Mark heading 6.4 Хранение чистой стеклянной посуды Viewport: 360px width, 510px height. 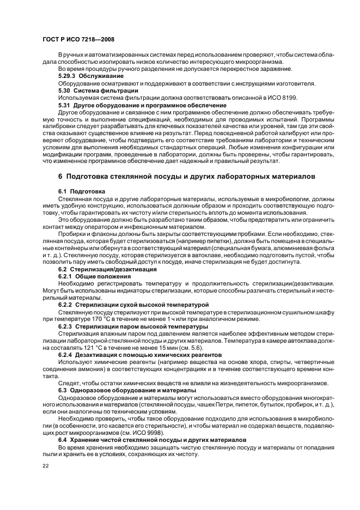click(147, 439)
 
